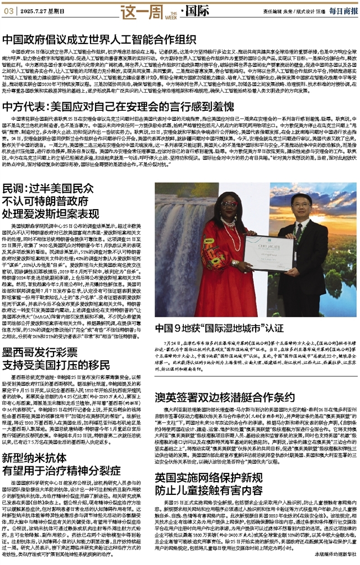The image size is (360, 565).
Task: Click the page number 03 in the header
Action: click(9, 10)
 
